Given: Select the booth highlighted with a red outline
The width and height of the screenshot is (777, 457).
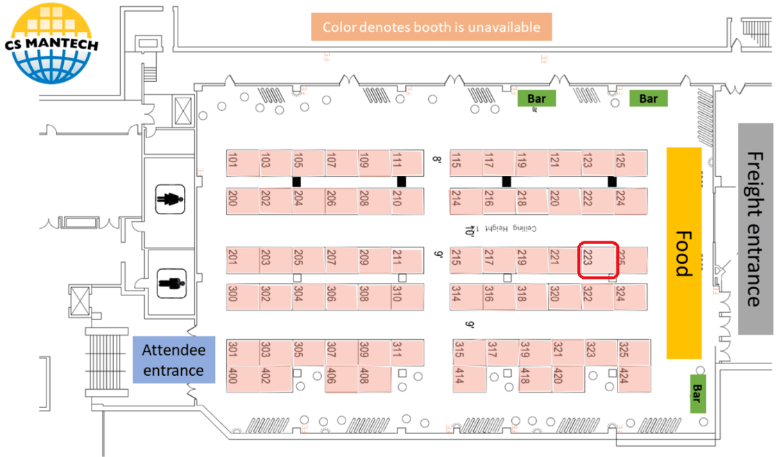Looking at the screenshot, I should [598, 260].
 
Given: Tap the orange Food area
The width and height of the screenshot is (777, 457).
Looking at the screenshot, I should [683, 253].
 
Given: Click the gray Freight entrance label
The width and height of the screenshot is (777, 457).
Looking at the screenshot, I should [755, 229].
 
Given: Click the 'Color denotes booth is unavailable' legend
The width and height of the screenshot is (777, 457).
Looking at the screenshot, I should [432, 28].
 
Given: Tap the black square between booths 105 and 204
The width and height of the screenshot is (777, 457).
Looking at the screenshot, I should [297, 182].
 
